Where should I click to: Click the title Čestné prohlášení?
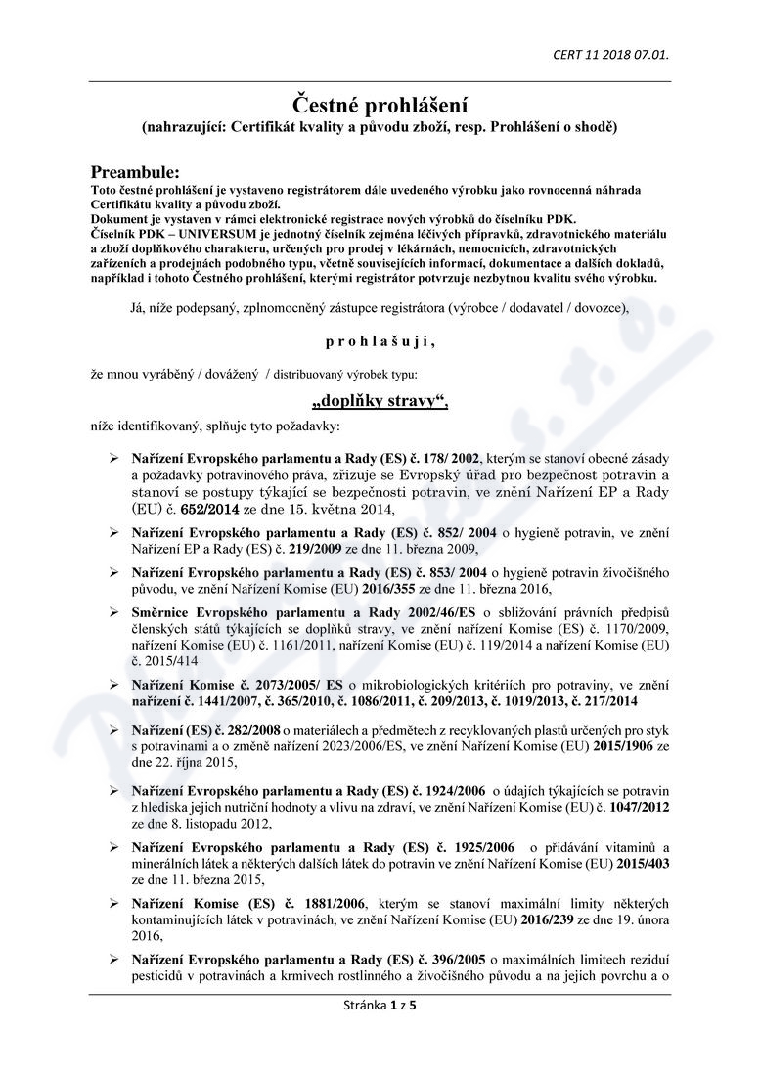pyautogui.click(x=380, y=103)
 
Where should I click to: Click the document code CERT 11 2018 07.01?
pyautogui.click(x=611, y=53)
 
